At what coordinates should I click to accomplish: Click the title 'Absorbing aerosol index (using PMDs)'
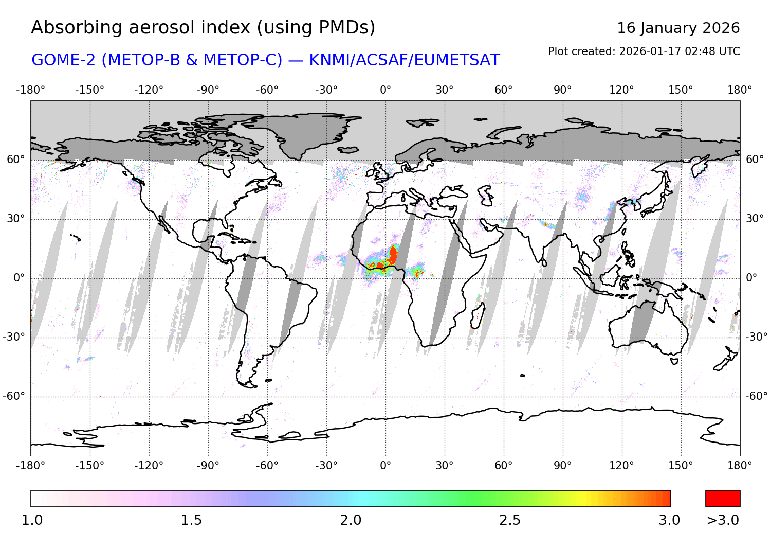[203, 27]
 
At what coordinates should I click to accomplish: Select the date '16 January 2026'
[678, 28]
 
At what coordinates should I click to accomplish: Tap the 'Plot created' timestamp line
[644, 51]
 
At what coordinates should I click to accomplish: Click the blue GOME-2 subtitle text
[265, 60]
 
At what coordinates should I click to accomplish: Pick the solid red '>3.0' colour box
[723, 499]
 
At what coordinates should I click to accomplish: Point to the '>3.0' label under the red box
[723, 520]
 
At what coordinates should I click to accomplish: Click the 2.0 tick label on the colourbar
[351, 520]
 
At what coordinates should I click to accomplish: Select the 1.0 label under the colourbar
[32, 520]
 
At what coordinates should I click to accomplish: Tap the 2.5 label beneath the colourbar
[510, 520]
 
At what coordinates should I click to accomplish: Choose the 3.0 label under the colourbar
[669, 520]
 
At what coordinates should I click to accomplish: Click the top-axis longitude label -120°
[149, 90]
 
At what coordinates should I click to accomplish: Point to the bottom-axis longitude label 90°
[563, 466]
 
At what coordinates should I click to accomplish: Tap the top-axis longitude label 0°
[385, 90]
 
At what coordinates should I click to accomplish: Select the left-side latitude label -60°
[14, 396]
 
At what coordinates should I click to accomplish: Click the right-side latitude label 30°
[755, 219]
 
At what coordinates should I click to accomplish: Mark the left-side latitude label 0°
[19, 278]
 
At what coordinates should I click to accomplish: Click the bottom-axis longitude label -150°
[89, 466]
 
